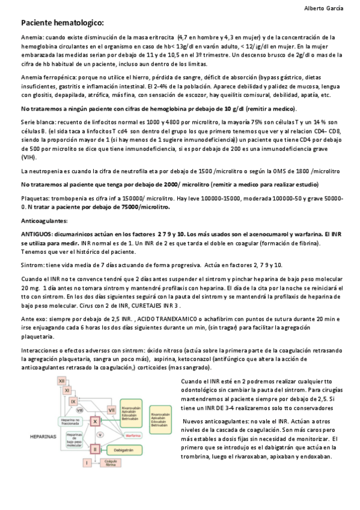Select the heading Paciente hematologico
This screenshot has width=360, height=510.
pos(63,23)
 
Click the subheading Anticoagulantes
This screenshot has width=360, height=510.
pos(42,221)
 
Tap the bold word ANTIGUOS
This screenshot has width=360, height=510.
pos(38,233)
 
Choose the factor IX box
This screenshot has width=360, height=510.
pos(73,402)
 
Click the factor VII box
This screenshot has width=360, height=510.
pos(111,410)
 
